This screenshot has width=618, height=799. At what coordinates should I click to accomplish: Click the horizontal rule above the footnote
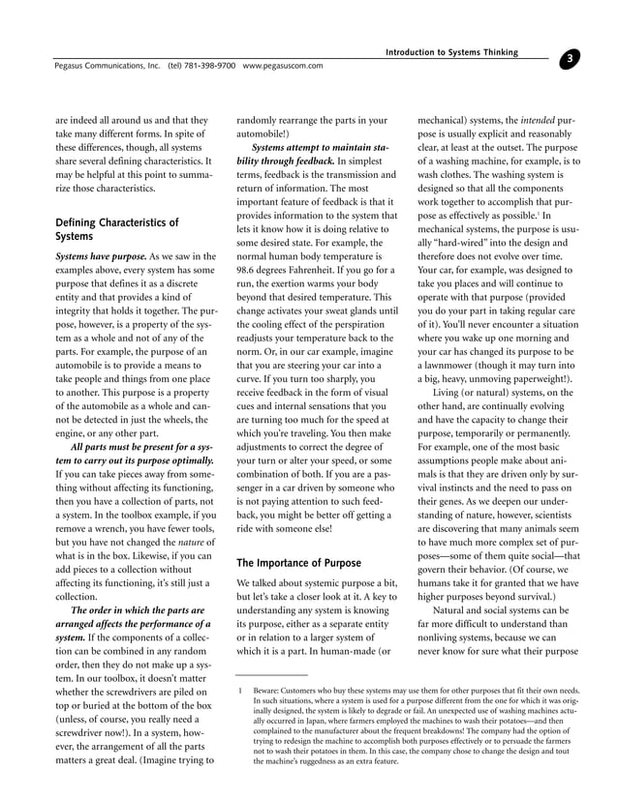[272, 674]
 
